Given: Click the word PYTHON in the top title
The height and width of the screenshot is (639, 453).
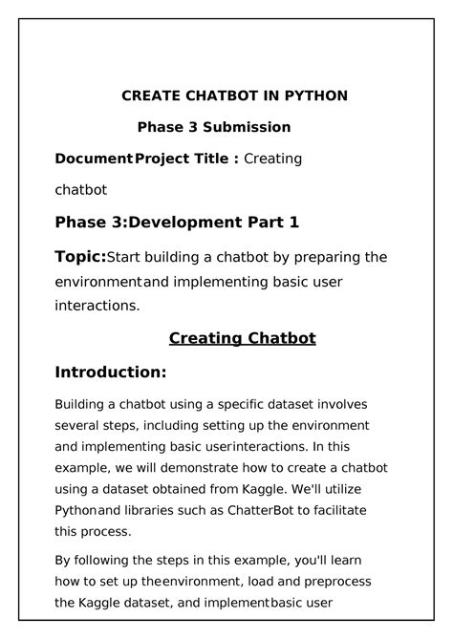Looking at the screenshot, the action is coord(315,96).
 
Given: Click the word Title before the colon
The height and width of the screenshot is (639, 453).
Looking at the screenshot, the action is coord(212,159).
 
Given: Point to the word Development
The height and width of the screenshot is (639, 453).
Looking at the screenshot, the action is coord(192,223).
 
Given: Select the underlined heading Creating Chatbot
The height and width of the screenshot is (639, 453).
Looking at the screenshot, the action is coord(242,338).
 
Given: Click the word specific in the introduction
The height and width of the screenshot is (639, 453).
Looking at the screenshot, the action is coord(250,405).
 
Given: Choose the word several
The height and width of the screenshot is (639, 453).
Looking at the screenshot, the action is coord(77,424).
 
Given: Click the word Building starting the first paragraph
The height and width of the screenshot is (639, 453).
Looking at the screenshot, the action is coord(82,405).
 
